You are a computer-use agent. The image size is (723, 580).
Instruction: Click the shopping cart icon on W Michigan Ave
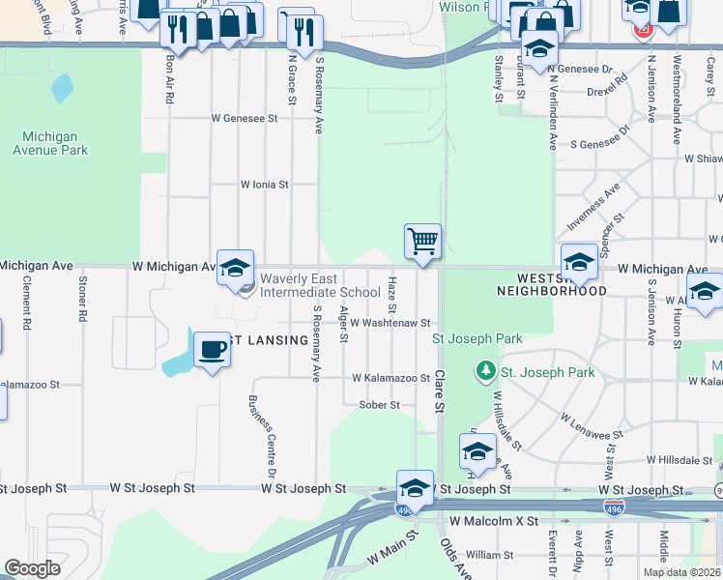[423, 241]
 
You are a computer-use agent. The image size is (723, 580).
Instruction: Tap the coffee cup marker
[212, 350]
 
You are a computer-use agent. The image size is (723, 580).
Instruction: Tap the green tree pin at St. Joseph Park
[485, 370]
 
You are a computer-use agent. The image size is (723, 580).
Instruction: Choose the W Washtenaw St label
[390, 324]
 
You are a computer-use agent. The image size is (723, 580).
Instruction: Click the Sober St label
[379, 405]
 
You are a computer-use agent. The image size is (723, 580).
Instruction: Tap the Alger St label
[344, 326]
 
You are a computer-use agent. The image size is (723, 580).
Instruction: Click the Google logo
[32, 568]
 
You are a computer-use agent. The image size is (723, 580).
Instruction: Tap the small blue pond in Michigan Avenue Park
[62, 89]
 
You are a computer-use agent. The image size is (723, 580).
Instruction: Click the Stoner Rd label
[83, 304]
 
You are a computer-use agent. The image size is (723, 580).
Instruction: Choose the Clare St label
[438, 392]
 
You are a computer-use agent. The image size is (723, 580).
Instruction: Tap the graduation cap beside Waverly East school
[235, 268]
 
